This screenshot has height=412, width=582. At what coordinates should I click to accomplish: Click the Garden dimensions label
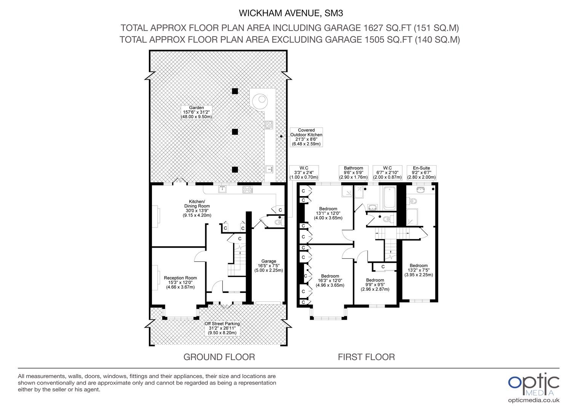coord(197,112)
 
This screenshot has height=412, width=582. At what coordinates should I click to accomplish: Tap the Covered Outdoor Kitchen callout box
coord(306,137)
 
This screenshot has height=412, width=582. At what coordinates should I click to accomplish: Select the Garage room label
coord(269,266)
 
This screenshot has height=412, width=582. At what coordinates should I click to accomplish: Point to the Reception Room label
coord(180,282)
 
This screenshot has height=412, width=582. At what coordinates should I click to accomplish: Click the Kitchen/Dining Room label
coord(197,208)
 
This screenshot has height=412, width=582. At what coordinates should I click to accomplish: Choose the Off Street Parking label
coord(222,328)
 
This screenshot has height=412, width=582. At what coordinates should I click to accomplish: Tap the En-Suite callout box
coord(421,172)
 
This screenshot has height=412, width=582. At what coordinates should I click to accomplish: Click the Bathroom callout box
coord(353,172)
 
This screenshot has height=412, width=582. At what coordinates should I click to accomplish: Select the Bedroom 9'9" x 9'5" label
coord(375,285)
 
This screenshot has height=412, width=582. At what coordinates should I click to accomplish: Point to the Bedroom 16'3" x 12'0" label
coord(330,280)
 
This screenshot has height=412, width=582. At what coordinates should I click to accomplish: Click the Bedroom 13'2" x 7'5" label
coord(419,270)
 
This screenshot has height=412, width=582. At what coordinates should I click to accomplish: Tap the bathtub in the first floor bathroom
coord(390,198)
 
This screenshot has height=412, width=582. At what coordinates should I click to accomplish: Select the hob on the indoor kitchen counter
coord(248,190)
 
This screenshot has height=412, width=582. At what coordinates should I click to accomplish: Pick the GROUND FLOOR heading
coord(219,357)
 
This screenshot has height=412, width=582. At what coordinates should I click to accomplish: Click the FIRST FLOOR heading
coord(366,357)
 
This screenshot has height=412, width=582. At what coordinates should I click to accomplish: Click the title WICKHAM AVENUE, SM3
coord(291,13)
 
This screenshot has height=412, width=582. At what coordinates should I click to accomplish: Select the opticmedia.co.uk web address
coord(534,400)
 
